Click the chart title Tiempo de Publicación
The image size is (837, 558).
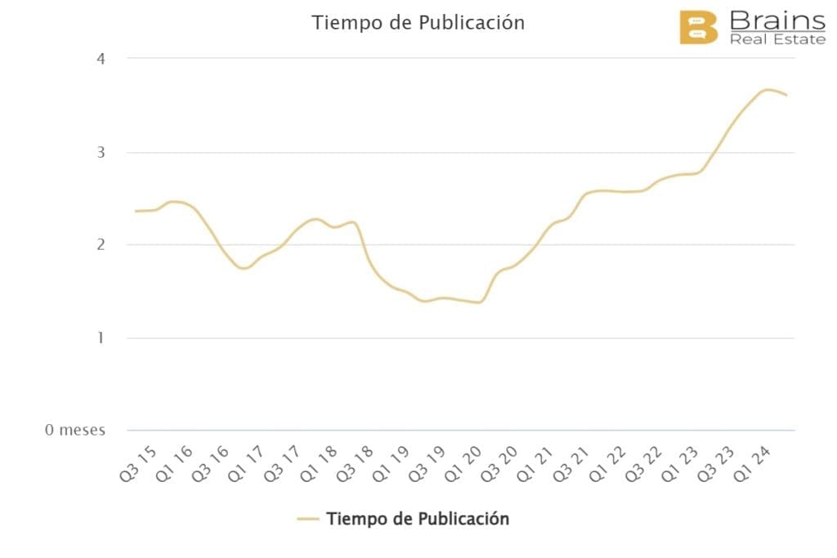click(418, 23)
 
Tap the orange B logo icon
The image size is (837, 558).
click(698, 28)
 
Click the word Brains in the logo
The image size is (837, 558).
click(777, 20)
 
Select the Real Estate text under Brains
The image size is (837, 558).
click(777, 39)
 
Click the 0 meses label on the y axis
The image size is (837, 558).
click(75, 431)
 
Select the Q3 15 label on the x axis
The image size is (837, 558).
click(137, 464)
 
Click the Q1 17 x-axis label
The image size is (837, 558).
click(248, 464)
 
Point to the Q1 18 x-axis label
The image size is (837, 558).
click(323, 464)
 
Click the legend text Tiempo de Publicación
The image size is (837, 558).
click(418, 519)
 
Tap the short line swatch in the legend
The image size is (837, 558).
click(307, 519)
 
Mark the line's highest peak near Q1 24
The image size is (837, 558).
click(768, 90)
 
